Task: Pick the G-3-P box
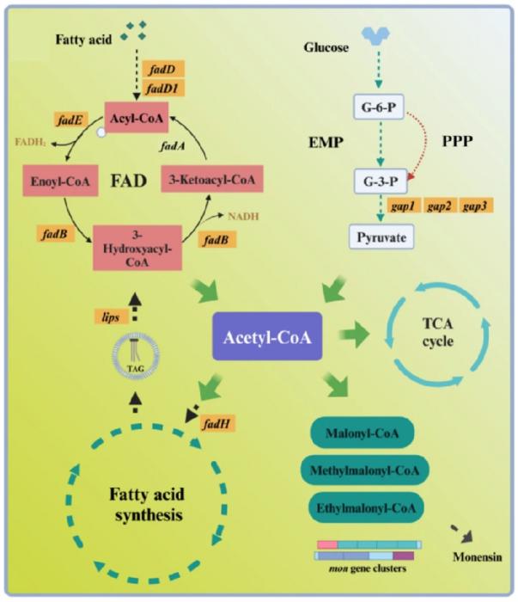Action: [x=377, y=182]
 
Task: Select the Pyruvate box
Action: [x=376, y=236]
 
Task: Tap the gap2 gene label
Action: [x=440, y=207]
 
